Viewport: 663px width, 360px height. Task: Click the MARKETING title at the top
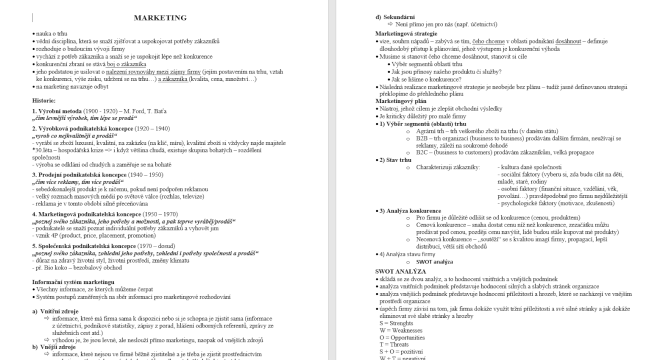pos(160,18)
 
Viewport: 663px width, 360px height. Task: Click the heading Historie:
pos(44,100)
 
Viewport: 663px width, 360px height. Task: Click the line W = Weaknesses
pos(393,330)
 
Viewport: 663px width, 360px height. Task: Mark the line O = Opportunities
pos(395,337)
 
